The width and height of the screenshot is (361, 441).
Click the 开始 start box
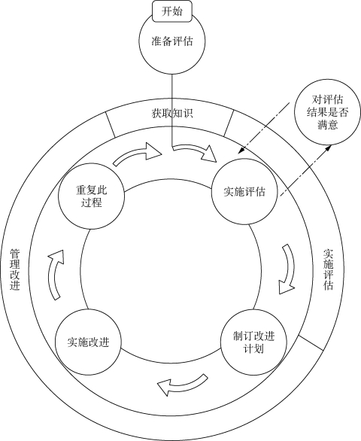pos(172,11)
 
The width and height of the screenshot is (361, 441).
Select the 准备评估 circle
pos(172,41)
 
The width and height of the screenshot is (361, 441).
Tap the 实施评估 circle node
pos(244,191)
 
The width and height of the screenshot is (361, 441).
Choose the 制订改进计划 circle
pos(253,342)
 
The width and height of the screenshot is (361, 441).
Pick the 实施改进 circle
pos(88,342)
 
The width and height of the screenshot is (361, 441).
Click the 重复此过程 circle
pos(91,196)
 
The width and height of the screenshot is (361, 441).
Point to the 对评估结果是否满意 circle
pos(327,112)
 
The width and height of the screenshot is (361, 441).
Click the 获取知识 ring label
pos(172,114)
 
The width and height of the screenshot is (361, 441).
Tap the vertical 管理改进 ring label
pos(15,269)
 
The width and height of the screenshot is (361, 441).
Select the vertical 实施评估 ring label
pos(329,269)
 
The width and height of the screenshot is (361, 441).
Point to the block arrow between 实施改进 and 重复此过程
pos(56,274)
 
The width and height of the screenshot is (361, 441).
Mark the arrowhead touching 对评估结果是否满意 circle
pos(329,148)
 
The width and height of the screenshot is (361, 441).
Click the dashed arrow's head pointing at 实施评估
pos(241,151)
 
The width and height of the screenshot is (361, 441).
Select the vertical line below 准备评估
pos(171,110)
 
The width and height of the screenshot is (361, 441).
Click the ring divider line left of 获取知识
pos(111,125)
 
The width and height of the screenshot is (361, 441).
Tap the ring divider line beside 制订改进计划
pos(311,343)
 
